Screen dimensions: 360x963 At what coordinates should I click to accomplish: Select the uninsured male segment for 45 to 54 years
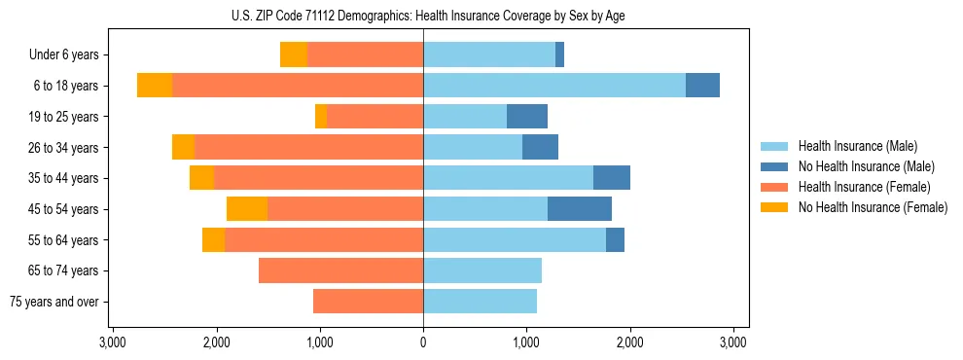pyautogui.click(x=580, y=209)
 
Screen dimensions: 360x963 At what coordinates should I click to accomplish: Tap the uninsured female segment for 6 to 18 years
pyautogui.click(x=155, y=86)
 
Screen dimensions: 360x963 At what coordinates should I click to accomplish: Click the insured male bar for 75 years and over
pyautogui.click(x=480, y=302)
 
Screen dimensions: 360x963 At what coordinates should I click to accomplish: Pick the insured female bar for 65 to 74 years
pyautogui.click(x=340, y=270)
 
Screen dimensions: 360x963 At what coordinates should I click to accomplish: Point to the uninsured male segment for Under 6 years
pyautogui.click(x=560, y=55)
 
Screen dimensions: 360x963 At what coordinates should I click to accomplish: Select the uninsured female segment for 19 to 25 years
pyautogui.click(x=321, y=117)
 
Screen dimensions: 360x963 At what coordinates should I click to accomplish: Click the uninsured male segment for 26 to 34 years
pyautogui.click(x=540, y=148)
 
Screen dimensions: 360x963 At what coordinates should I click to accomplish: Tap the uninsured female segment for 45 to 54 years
pyautogui.click(x=247, y=209)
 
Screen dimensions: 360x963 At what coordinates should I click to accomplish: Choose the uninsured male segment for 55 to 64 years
pyautogui.click(x=615, y=240)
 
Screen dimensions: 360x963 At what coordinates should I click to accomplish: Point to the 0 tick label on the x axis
pyautogui.click(x=423, y=342)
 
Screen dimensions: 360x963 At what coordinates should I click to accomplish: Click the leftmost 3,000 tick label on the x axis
pyautogui.click(x=113, y=342)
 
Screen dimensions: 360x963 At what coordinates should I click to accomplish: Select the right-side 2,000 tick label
pyautogui.click(x=629, y=342)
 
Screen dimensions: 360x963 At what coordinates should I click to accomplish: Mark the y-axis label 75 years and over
pyautogui.click(x=57, y=302)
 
